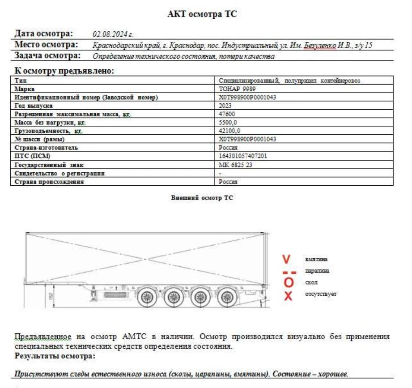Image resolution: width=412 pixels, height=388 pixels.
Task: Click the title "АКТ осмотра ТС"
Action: [x=202, y=14]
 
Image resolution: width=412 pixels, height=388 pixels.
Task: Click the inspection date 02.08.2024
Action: [x=113, y=34]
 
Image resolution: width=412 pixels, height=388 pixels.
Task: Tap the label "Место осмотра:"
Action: [x=46, y=45]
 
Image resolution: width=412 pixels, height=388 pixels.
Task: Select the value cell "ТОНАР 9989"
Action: [x=238, y=89]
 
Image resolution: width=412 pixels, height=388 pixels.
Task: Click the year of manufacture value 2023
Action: [x=225, y=106]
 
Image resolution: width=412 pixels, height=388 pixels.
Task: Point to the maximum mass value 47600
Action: [x=227, y=114]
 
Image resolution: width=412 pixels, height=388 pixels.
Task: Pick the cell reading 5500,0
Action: [x=228, y=122]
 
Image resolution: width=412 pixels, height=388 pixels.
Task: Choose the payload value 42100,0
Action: [x=229, y=131]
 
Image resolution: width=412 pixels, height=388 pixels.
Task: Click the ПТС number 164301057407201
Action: [x=243, y=156]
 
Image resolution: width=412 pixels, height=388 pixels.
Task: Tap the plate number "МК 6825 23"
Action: [x=235, y=164]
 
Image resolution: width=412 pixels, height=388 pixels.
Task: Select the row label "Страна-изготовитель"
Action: [x=46, y=147]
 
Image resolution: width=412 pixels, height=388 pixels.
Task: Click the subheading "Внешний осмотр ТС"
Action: [x=202, y=197]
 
